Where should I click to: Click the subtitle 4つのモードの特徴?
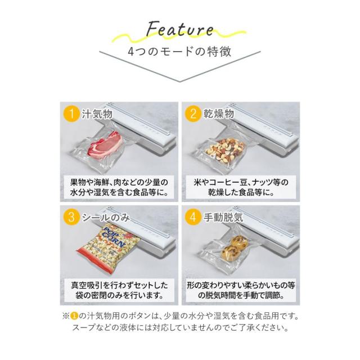pyautogui.click(x=179, y=52)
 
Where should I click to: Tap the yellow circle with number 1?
pyautogui.click(x=71, y=115)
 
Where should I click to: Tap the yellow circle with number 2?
pyautogui.click(x=193, y=115)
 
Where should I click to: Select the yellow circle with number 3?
pyautogui.click(x=71, y=218)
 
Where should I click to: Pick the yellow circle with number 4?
pyautogui.click(x=193, y=218)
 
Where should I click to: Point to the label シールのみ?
pyautogui.click(x=110, y=218)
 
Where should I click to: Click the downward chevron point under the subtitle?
pyautogui.click(x=180, y=80)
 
